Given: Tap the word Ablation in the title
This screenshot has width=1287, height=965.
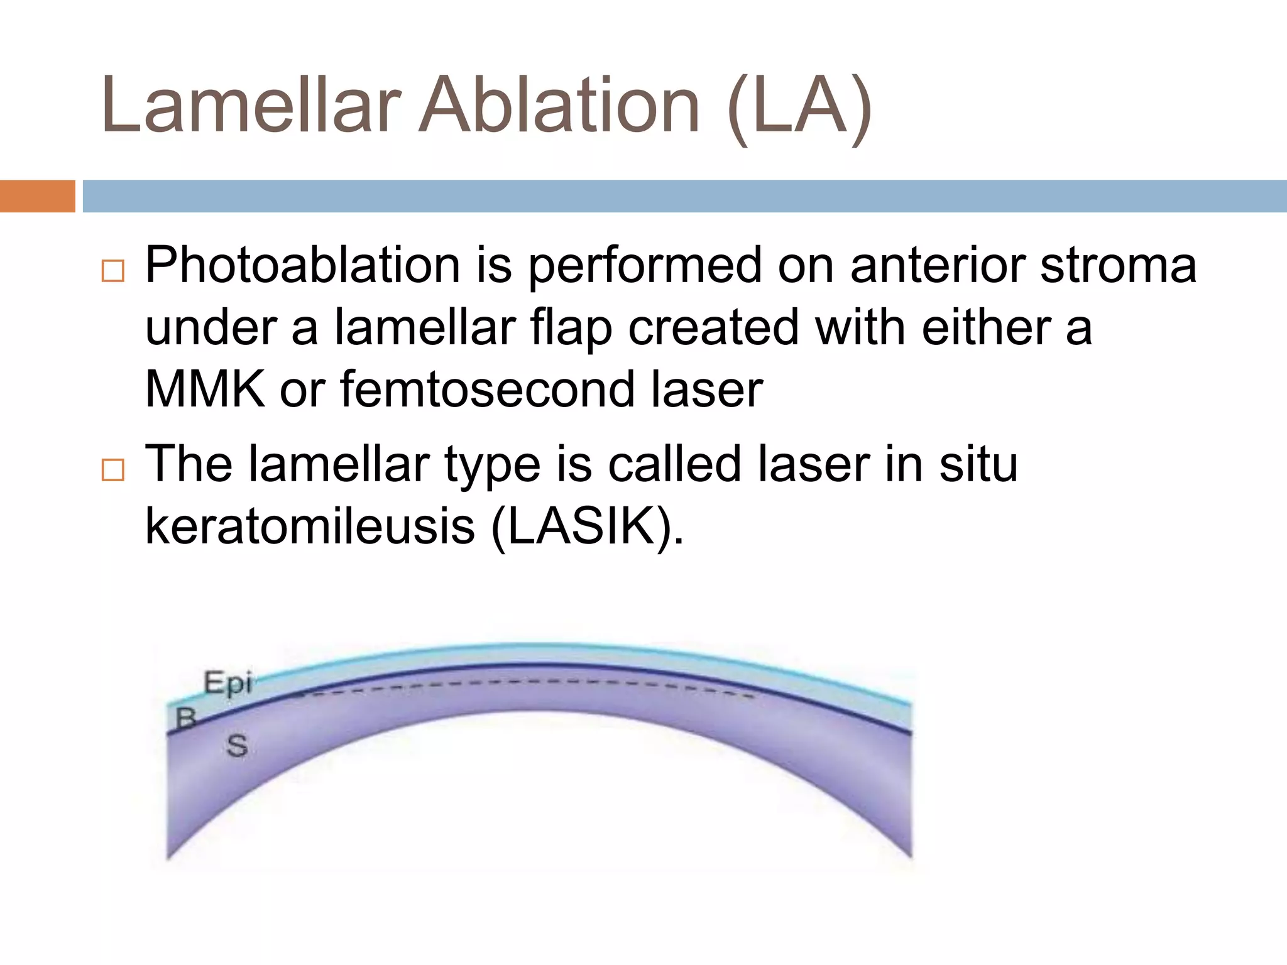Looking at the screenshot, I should [x=559, y=106].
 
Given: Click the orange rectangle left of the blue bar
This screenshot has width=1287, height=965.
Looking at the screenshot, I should [x=37, y=196].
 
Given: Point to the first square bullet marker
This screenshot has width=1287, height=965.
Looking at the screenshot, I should [x=113, y=271].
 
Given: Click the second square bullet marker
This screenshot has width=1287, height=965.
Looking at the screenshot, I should [x=113, y=470].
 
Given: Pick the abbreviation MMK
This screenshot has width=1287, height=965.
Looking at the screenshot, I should [x=205, y=390].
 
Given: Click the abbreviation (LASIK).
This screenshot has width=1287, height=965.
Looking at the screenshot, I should [x=587, y=526].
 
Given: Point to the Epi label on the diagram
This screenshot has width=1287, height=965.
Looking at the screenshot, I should [x=227, y=683].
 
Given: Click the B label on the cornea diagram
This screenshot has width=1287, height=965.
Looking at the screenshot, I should [x=186, y=718].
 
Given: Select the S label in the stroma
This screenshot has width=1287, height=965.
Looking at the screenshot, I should [x=237, y=746].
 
